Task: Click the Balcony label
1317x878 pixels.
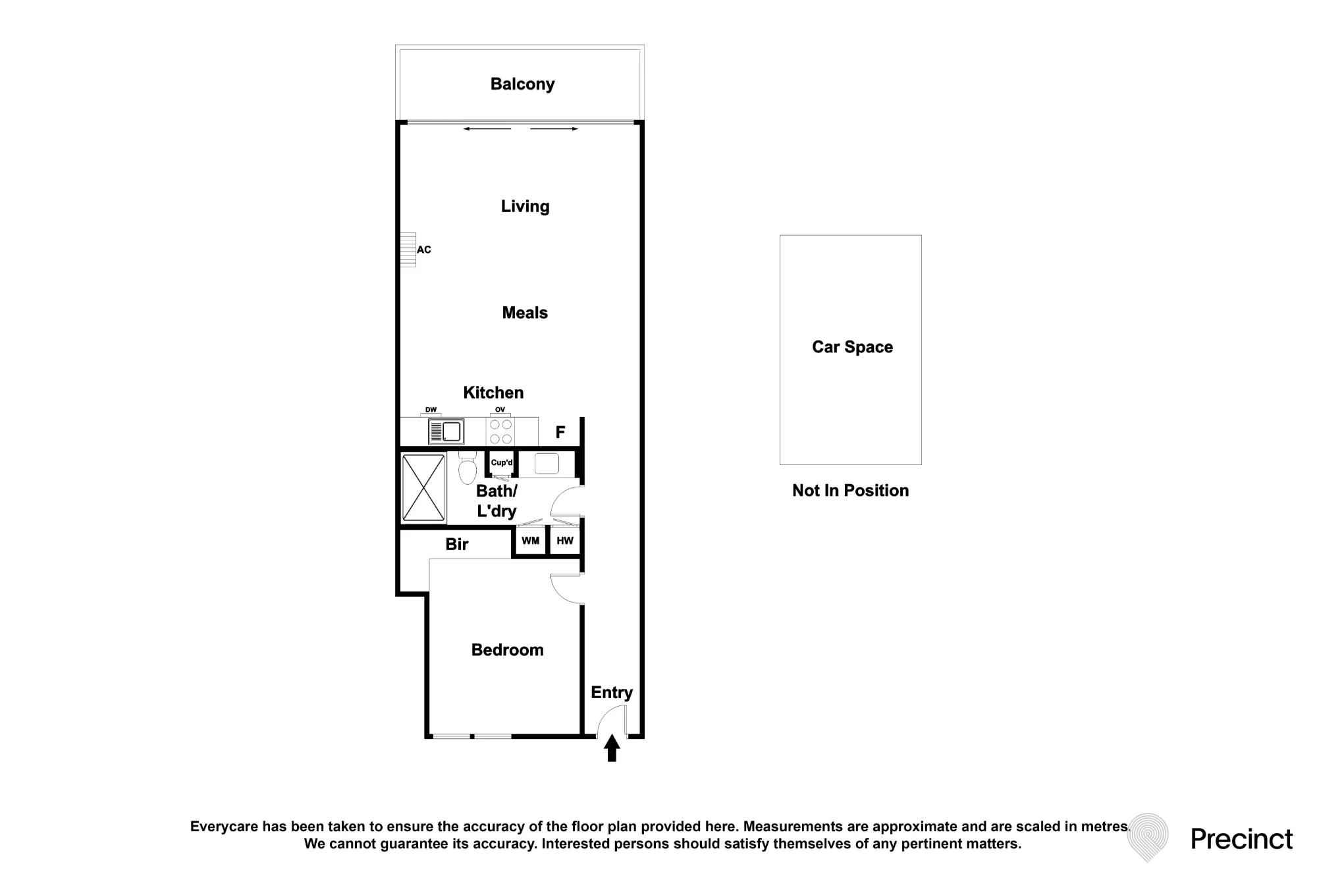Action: [x=522, y=84]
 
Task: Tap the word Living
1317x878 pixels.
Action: [x=525, y=207]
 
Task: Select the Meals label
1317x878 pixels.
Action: [x=525, y=313]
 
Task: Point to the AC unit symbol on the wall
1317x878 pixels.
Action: [x=408, y=250]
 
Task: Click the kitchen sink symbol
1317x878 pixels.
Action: [x=446, y=432]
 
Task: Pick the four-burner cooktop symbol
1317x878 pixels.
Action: [x=500, y=431]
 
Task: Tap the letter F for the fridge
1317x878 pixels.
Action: [x=560, y=433]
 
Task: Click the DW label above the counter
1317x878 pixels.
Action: [x=431, y=410]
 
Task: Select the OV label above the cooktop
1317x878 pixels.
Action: [x=500, y=410]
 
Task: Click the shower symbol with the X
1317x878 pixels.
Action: [x=423, y=487]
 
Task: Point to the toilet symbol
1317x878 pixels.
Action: [x=468, y=467]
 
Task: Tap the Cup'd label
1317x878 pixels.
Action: [x=502, y=462]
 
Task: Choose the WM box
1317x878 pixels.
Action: [x=530, y=541]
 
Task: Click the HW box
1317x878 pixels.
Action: [x=565, y=541]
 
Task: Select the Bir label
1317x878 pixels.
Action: [x=457, y=544]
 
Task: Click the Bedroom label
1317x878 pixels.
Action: [x=508, y=650]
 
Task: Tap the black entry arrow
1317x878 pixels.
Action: [x=612, y=748]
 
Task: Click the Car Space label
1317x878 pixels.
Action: [x=853, y=348]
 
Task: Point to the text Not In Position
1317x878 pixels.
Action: [x=851, y=491]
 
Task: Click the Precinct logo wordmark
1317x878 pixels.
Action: [x=1242, y=839]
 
